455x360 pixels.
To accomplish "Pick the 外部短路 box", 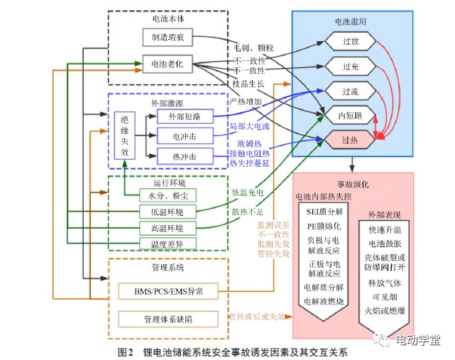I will point(175,116).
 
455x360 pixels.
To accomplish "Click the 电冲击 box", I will point(175,136).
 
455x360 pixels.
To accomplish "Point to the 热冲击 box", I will point(175,156).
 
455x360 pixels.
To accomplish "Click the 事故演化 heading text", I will point(351,183).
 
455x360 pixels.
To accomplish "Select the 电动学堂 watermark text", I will point(417,339).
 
